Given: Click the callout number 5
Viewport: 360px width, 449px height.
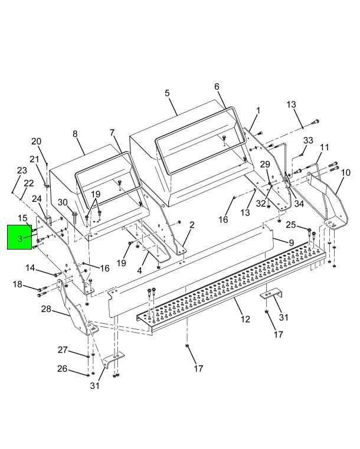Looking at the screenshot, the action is coord(167,93).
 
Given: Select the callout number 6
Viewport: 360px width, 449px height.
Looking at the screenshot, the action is coord(217,87).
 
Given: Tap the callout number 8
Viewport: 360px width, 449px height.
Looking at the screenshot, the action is coord(75,134).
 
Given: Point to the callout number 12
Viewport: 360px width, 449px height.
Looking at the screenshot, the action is coord(245,319).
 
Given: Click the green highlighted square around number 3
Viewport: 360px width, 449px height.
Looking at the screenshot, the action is coord(19,237).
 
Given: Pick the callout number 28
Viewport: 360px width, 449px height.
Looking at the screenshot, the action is coord(46,309).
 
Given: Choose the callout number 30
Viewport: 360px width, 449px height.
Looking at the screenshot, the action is coord(63,202).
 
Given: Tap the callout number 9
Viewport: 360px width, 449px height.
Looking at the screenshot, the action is coord(292,243).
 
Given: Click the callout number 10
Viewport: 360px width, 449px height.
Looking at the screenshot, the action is coord(346,173).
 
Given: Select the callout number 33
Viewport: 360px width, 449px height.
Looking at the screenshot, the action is coord(308,140).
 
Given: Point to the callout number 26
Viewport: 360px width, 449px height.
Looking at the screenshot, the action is coord(62,369).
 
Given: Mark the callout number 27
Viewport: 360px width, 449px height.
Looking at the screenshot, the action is coord(63,350).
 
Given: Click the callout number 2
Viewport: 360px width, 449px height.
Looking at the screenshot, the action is coord(192,225).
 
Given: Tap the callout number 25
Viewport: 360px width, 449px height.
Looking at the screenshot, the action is coord(291,225).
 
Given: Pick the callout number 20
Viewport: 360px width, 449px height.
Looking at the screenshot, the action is coord(37,141).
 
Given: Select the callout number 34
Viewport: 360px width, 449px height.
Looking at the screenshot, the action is coord(299,204).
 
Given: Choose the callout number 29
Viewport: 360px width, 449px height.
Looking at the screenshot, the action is coord(265,165).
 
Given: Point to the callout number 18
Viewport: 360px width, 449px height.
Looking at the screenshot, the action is coord(18,284).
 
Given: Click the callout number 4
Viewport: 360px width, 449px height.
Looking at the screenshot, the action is coord(139,270).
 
